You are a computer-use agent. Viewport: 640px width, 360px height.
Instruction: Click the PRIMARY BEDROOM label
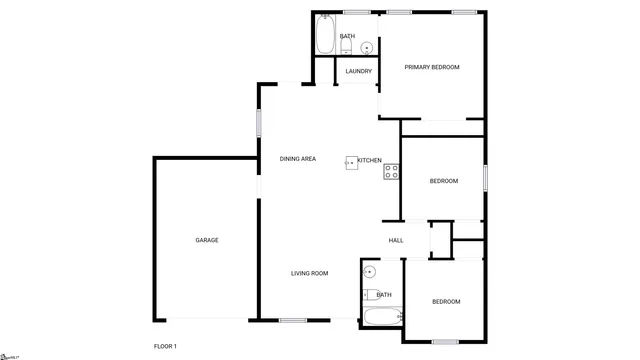click(431, 67)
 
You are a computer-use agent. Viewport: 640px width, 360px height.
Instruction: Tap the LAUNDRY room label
click(358, 71)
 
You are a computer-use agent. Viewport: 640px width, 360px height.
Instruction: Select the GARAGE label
click(207, 240)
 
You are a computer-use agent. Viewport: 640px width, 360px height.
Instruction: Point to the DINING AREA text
click(298, 159)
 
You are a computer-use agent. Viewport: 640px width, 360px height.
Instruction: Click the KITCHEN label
click(370, 160)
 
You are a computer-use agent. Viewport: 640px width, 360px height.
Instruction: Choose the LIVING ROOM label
click(310, 273)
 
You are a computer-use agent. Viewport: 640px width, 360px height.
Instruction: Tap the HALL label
click(396, 240)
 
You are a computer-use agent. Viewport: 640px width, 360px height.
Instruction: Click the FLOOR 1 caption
click(165, 345)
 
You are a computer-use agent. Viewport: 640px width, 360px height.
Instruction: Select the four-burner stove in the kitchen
click(391, 171)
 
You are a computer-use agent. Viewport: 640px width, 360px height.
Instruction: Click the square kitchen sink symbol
click(352, 161)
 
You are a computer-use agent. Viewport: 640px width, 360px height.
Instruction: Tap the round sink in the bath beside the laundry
click(367, 46)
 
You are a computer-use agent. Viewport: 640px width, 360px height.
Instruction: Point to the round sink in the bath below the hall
click(369, 271)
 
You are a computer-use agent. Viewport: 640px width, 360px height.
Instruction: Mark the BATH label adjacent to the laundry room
click(347, 36)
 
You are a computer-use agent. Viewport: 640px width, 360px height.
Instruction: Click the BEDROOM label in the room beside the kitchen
click(444, 181)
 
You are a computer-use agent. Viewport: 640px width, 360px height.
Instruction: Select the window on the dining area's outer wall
click(260, 123)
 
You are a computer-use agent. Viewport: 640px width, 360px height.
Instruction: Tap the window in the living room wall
click(292, 320)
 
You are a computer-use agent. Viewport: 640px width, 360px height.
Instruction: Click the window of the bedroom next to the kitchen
click(485, 176)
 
